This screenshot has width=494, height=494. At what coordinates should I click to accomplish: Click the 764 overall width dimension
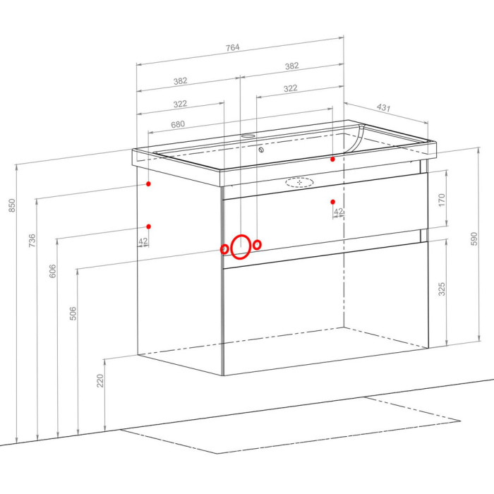[x=232, y=47]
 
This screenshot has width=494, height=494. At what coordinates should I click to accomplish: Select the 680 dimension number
[x=178, y=124]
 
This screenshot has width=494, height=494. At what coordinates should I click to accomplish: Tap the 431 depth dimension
[x=383, y=107]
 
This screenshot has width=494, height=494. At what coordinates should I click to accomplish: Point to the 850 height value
[x=12, y=205]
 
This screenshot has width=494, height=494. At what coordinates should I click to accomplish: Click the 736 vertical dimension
[x=32, y=241]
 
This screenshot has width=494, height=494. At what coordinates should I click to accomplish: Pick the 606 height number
[x=52, y=271]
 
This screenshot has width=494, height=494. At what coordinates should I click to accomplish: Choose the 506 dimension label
[x=73, y=313]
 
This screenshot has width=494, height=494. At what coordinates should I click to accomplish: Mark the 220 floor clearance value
[x=100, y=380]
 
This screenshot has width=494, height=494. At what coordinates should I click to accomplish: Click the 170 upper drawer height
[x=442, y=200]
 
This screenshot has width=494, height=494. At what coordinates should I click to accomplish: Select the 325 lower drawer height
[x=442, y=289]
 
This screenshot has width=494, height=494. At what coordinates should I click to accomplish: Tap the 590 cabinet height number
[x=474, y=239]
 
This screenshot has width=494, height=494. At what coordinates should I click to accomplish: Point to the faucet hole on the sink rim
[x=248, y=136]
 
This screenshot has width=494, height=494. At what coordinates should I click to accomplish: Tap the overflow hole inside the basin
[x=261, y=150]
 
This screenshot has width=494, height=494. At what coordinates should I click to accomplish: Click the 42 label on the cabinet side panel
[x=143, y=241]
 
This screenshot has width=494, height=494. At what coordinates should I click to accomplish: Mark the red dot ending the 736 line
[x=148, y=183]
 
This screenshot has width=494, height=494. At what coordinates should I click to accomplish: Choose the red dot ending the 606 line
[x=149, y=227]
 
